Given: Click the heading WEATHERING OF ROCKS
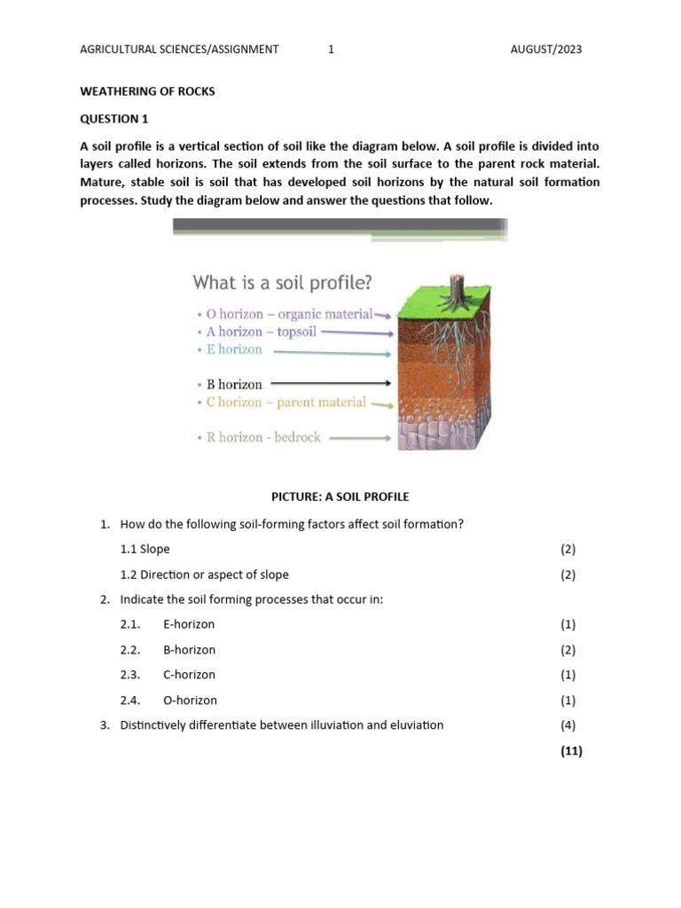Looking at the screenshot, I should (147, 92).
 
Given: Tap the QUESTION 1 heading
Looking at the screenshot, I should (109, 118).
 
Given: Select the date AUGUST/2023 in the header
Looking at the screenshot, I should (546, 50).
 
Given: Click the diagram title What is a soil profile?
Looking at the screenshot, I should (283, 283).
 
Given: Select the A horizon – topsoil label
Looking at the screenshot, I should (254, 332).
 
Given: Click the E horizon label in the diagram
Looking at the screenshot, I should (234, 349).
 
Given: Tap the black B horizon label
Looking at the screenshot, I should (234, 385).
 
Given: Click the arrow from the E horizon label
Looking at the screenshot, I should (333, 353).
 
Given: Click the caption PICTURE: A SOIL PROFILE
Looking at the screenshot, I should (340, 497).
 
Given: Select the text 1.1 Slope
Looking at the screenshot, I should (145, 549).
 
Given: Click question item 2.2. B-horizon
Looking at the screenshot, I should (168, 650).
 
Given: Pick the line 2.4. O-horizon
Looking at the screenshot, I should (168, 701).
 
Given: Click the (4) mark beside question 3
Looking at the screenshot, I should (568, 725).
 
